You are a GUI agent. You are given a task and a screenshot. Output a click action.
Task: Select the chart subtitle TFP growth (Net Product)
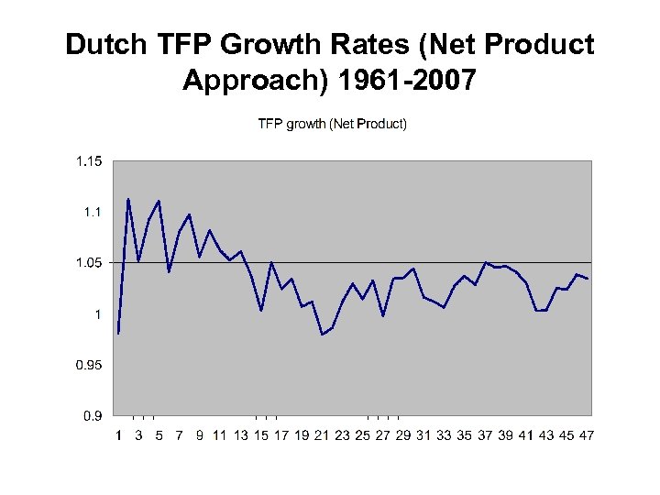[x=332, y=124]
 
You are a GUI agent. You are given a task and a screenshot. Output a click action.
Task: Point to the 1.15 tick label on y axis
[x=89, y=162]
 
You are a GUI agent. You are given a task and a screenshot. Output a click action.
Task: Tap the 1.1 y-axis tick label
[x=93, y=213]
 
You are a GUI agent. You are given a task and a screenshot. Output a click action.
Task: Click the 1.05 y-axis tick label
[x=89, y=263]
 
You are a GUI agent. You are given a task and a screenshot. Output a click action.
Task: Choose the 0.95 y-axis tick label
[x=89, y=366]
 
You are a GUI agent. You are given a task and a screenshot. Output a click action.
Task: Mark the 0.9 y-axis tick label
[x=93, y=416]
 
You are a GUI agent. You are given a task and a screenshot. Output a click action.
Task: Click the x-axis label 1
[x=119, y=434]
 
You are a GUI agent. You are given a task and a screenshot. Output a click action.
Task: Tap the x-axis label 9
[x=200, y=434]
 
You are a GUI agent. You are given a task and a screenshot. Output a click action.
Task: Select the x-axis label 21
[x=322, y=434]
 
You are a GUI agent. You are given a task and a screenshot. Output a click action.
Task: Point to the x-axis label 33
[x=444, y=434]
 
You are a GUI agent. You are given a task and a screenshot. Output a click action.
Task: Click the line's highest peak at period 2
[x=128, y=199]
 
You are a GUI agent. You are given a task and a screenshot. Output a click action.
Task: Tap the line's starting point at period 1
[x=118, y=334]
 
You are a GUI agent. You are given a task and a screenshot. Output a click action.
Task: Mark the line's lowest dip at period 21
[x=323, y=335]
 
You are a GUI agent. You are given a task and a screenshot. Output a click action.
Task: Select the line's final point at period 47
[x=587, y=279]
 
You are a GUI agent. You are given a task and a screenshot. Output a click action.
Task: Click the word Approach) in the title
[x=256, y=81]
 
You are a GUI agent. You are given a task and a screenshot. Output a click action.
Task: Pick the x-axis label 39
[x=505, y=434]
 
